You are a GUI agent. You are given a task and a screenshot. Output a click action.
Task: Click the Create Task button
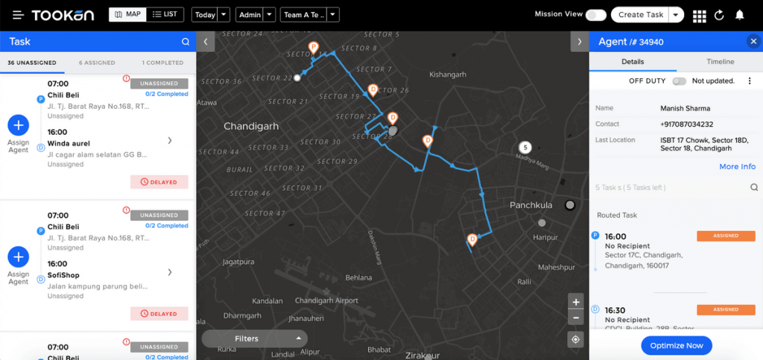click(x=640, y=15)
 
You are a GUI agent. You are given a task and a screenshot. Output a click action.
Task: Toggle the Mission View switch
click(x=595, y=15)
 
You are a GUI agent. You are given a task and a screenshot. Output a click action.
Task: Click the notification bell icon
click(x=739, y=15)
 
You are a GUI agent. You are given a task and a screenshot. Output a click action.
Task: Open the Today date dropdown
click(x=211, y=15)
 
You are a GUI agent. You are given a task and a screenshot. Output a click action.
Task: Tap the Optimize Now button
click(x=676, y=345)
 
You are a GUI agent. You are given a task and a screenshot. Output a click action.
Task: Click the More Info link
click(x=737, y=166)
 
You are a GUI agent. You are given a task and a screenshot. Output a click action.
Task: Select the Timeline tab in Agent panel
click(x=720, y=62)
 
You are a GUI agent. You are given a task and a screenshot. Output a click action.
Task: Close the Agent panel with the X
click(x=753, y=42)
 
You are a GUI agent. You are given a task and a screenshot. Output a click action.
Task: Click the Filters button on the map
click(x=254, y=338)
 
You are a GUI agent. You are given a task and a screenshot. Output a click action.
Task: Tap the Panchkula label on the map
click(x=531, y=205)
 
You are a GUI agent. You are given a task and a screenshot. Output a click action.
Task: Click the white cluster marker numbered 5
click(x=525, y=148)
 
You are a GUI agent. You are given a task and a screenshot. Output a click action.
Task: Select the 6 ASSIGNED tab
click(x=97, y=63)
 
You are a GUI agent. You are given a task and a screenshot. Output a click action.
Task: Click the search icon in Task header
click(x=186, y=42)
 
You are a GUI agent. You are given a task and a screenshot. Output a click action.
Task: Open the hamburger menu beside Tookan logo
click(x=18, y=15)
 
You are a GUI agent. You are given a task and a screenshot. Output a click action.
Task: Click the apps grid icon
click(x=699, y=16)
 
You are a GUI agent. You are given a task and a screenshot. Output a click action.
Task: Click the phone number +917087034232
click(x=686, y=124)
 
